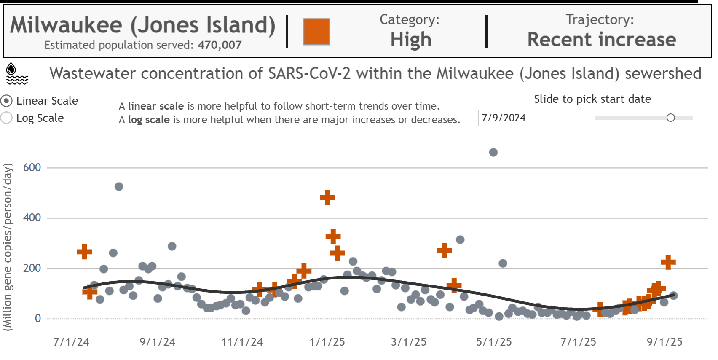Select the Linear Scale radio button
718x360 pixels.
pos(7,101)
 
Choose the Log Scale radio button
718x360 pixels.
pos(7,118)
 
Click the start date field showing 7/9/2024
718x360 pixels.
pos(533,118)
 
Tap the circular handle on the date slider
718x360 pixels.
pos(671,118)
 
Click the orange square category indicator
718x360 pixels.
pos(316,32)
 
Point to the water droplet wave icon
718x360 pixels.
pos(17,74)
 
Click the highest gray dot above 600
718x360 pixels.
pos(493,153)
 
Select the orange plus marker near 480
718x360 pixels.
pos(327,197)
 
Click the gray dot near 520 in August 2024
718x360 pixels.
pos(119,187)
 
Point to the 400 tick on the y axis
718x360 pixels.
pos(32,218)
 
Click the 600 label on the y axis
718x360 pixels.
pos(32,168)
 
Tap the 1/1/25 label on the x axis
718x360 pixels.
pos(327,342)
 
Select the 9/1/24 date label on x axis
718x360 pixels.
pos(158,342)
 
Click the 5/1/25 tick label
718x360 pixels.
pos(494,342)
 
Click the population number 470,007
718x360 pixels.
pos(220,45)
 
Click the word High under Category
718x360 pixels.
pos(411,40)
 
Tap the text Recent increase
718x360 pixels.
pos(602,40)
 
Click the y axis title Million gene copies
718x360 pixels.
pos(8,247)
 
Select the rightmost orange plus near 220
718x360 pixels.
pos(668,262)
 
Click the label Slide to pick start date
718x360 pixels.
pos(592,99)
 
